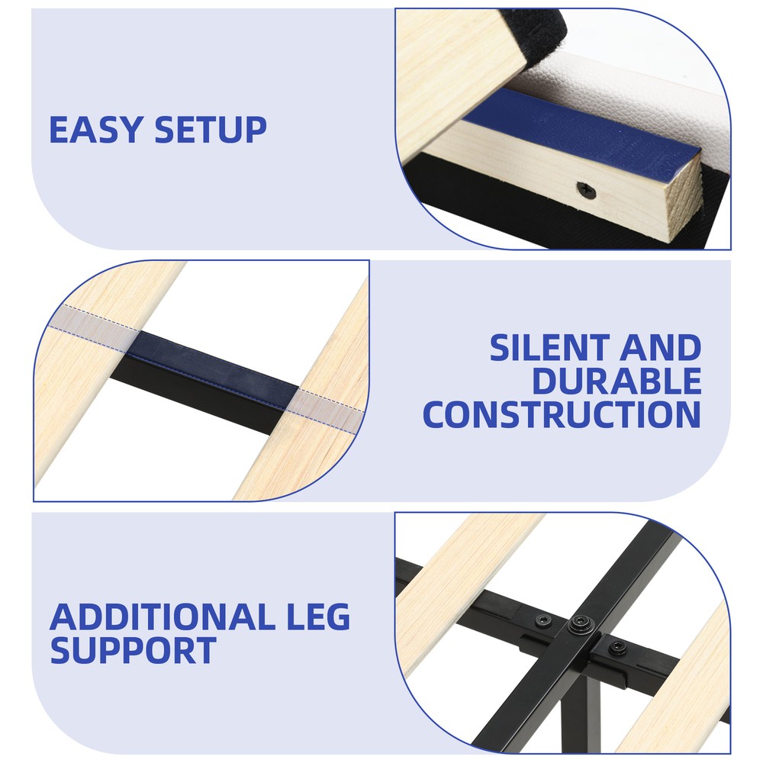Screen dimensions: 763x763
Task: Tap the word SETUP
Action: pyautogui.click(x=211, y=130)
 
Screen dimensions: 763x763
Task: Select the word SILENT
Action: pyautogui.click(x=550, y=348)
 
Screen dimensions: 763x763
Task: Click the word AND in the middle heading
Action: pyautogui.click(x=660, y=348)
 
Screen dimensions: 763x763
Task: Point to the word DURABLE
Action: pyautogui.click(x=617, y=381)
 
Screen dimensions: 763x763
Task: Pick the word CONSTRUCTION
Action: pyautogui.click(x=562, y=414)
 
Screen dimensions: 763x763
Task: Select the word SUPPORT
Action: pyautogui.click(x=133, y=651)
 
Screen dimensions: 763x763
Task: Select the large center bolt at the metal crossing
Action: pyautogui.click(x=580, y=623)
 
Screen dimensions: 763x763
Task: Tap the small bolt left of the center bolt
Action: pyautogui.click(x=543, y=621)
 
